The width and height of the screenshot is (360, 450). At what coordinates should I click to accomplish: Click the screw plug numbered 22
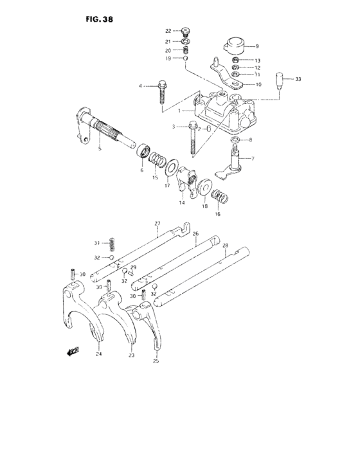(x=186, y=30)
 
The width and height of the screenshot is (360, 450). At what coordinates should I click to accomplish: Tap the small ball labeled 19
(x=186, y=59)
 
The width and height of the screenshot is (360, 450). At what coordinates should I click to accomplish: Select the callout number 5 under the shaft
(x=100, y=149)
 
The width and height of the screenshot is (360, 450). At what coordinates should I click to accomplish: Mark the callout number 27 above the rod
(x=156, y=224)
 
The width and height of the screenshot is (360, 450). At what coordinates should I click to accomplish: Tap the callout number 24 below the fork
(x=99, y=353)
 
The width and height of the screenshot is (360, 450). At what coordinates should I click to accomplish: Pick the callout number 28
(x=225, y=245)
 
